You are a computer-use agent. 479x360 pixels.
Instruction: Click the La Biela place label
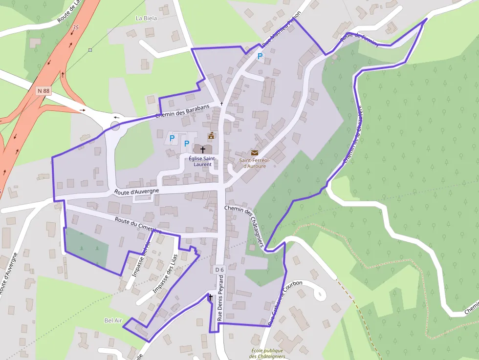pyautogui.click(x=146, y=18)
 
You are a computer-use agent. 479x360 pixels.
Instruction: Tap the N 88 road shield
pyautogui.click(x=44, y=90)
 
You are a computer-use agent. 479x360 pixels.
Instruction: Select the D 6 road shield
pyautogui.click(x=219, y=269)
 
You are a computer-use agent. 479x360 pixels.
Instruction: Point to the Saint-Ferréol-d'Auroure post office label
pyautogui.click(x=253, y=163)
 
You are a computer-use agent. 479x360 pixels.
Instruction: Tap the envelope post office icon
pyautogui.click(x=254, y=153)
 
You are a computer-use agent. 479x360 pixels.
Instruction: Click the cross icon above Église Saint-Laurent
pyautogui.click(x=202, y=149)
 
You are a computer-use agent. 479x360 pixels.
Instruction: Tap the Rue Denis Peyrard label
pyautogui.click(x=220, y=297)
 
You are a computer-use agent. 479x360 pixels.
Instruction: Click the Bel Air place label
pyautogui.click(x=112, y=320)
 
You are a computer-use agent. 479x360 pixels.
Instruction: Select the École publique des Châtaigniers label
pyautogui.click(x=268, y=353)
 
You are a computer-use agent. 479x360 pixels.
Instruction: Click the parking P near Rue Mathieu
pyautogui.click(x=260, y=57)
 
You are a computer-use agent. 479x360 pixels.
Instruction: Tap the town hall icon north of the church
pyautogui.click(x=211, y=136)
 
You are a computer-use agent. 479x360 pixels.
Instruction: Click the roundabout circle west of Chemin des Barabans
pyautogui.click(x=115, y=126)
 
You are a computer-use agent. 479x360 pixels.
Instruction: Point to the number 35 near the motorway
pyautogui.click(x=75, y=28)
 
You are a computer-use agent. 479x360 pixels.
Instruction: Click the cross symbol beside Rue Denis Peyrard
pyautogui.click(x=211, y=296)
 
